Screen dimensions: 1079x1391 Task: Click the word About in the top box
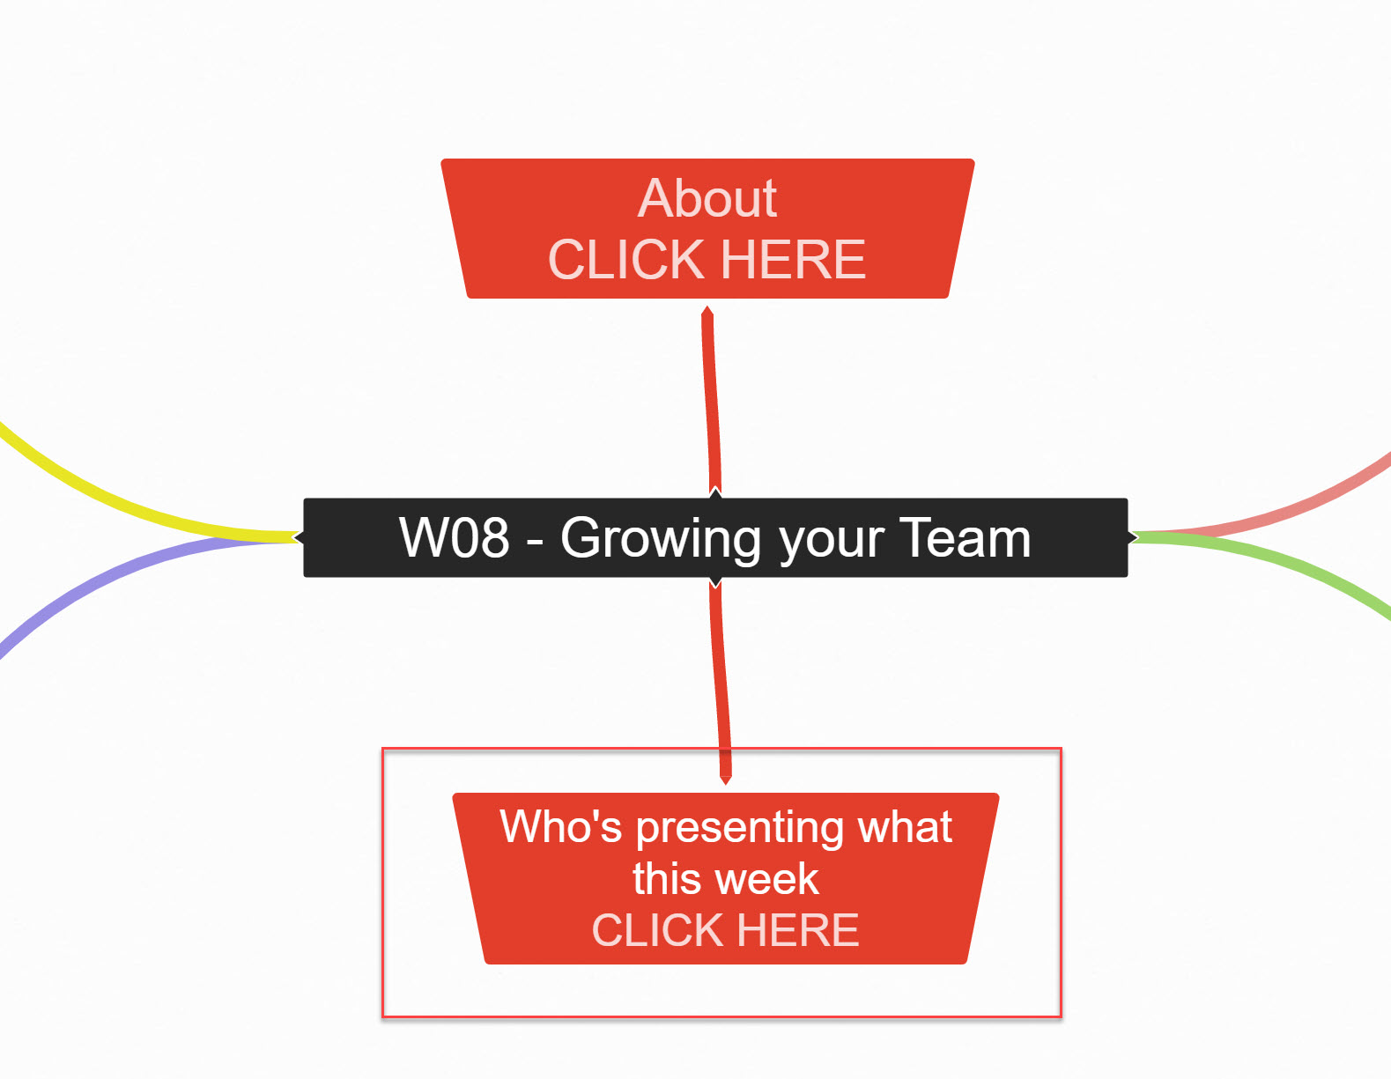click(707, 198)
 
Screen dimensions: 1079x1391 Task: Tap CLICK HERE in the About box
click(707, 260)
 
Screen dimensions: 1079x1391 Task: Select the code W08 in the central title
click(454, 537)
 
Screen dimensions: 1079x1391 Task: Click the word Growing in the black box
click(661, 538)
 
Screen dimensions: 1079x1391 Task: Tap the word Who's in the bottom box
click(560, 827)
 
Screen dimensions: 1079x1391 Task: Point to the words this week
click(725, 879)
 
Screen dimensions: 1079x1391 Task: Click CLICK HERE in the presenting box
click(725, 931)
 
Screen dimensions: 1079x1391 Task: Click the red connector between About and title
click(711, 396)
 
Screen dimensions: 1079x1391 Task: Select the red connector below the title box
click(721, 678)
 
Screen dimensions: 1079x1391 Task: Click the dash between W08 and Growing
click(535, 541)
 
